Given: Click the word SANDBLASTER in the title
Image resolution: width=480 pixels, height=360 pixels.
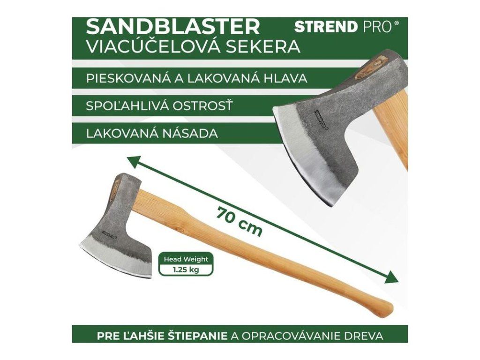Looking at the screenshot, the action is pos(173,27).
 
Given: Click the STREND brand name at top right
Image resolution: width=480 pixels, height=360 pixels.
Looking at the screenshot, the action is pos(326,27).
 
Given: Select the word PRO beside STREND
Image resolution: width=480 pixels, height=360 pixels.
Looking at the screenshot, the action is pos(377,27).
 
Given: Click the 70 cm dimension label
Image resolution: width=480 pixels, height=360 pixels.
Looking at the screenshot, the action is pos(239,222).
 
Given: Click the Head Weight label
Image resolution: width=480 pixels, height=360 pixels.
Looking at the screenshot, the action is pos(186,259).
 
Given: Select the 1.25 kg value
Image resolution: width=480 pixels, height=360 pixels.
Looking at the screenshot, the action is pos(186,270).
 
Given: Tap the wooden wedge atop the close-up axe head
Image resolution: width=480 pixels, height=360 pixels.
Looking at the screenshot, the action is pos(370,66).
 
